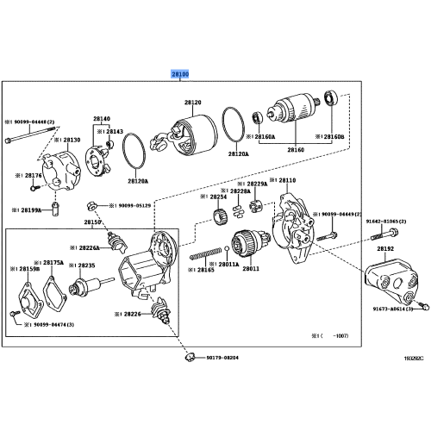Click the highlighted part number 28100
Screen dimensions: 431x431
(180, 76)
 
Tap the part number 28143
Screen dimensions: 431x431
(115, 132)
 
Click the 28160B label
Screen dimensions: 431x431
(330, 136)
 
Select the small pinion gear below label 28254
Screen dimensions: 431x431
(218, 215)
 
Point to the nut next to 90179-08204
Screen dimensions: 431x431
(187, 354)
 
